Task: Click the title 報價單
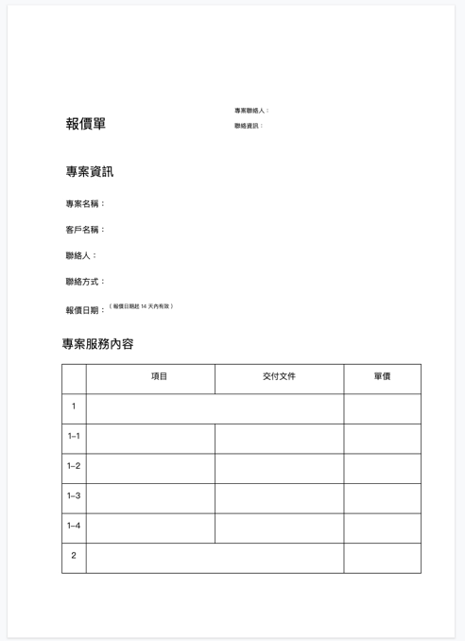[86, 124]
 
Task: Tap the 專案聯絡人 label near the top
[251, 111]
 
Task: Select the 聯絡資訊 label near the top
[249, 126]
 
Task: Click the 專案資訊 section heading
[90, 172]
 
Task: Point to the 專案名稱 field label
[85, 204]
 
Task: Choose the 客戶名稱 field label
[85, 230]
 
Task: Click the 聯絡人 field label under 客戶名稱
[81, 256]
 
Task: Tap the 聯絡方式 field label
[85, 282]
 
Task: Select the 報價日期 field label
[85, 310]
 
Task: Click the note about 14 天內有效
[141, 306]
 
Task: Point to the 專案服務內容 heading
[98, 344]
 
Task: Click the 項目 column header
[160, 376]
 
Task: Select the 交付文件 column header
[279, 376]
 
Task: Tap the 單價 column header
[382, 376]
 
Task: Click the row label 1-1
[74, 437]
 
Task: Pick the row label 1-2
[74, 466]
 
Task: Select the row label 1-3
[74, 496]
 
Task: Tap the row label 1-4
[74, 526]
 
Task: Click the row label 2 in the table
[74, 556]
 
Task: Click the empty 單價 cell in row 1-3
[382, 497]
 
